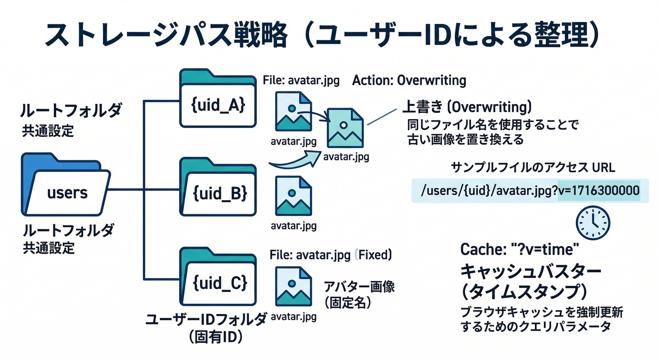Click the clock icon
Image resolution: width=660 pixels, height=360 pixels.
(x=593, y=223)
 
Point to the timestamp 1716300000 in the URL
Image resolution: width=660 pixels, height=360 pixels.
(x=599, y=191)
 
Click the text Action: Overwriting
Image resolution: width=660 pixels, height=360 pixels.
(x=409, y=81)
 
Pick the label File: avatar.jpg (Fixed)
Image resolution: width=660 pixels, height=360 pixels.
(x=331, y=255)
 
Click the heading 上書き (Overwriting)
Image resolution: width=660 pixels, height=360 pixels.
(x=467, y=107)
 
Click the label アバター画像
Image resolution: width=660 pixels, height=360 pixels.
(x=359, y=287)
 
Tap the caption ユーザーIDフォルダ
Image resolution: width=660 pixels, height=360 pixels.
(x=206, y=320)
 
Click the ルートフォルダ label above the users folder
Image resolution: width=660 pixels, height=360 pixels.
(x=71, y=111)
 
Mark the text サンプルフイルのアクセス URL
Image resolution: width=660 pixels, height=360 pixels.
(x=532, y=168)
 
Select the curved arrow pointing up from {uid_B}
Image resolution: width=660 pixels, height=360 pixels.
(x=295, y=162)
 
